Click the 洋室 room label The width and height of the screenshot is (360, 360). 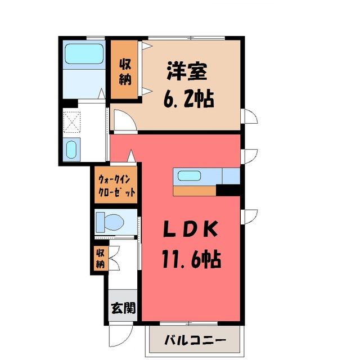(187, 71)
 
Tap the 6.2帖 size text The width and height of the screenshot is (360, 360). (189, 99)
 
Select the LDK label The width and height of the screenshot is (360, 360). (190, 229)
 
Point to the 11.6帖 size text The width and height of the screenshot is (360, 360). (191, 259)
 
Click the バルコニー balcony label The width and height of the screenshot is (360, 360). (195, 340)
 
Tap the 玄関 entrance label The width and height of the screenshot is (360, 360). (123, 308)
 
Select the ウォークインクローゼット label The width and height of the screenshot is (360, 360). (116, 185)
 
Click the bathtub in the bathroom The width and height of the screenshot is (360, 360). (84, 54)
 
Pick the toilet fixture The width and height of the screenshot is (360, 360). (110, 222)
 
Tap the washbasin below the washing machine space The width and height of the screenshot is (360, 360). (71, 149)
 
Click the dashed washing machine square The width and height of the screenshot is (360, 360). (72, 122)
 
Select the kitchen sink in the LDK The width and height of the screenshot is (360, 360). (189, 175)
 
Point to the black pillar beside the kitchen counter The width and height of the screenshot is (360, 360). (228, 191)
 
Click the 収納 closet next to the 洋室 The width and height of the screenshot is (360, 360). (124, 69)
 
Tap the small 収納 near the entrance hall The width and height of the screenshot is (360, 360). (100, 258)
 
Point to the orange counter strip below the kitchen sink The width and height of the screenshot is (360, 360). (195, 191)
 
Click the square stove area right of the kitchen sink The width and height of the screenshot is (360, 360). (231, 176)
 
